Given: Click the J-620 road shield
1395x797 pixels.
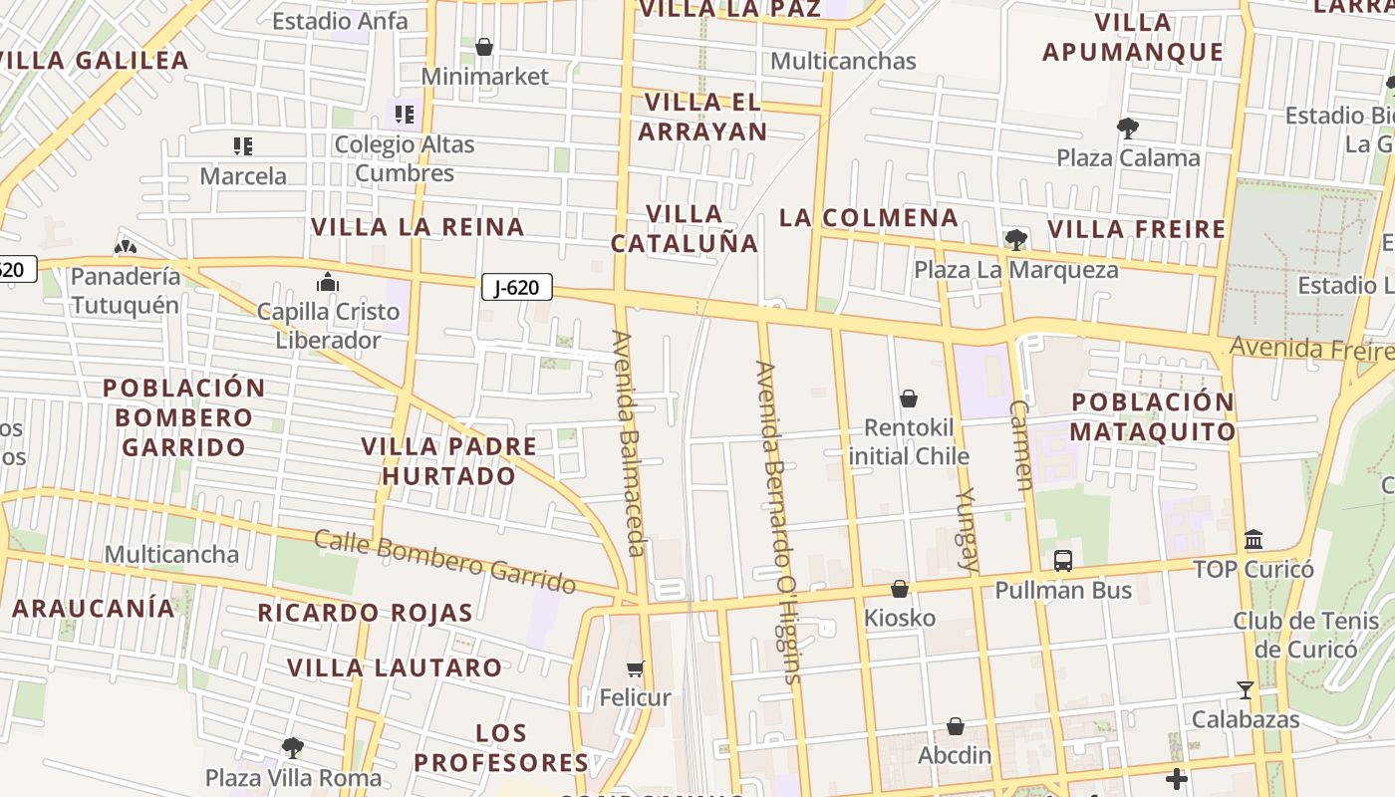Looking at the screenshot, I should point(516,288).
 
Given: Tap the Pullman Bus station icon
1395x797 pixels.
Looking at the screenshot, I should point(1063,560).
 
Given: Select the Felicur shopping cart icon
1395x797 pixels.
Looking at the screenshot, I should point(635,667).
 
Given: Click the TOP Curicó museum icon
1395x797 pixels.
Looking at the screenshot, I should point(1254,540).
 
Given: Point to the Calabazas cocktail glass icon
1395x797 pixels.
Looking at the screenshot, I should point(1245,689).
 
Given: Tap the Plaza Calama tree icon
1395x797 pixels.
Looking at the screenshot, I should point(1128,128).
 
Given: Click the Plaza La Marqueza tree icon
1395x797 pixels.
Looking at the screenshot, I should point(1016,239).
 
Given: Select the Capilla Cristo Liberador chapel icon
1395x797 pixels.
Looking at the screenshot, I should point(328,283).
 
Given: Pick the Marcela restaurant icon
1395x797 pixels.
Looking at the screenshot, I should point(243,146).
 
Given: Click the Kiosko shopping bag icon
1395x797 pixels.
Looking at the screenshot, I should point(900,589).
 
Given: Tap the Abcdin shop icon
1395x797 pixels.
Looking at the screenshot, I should point(955,726).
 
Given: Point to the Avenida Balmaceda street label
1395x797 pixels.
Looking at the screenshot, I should point(630,443).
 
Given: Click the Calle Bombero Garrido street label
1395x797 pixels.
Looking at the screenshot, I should point(445,561).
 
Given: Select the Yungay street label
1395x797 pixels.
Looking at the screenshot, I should point(968,528).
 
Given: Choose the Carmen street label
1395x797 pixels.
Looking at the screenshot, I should point(1021,445).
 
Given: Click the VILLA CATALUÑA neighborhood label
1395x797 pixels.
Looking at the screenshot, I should point(685,228).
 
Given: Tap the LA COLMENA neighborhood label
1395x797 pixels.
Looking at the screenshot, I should point(869,217).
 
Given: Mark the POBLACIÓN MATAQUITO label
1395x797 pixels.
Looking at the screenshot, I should point(1153,416).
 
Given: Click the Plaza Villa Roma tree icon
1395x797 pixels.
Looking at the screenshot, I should point(293,747).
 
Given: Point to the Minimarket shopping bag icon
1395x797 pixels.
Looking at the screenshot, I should point(484,47).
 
